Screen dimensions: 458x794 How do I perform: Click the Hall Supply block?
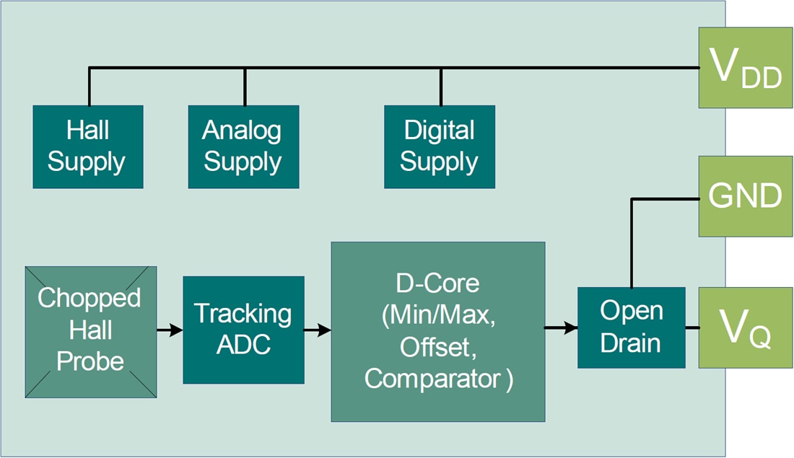click(x=87, y=146)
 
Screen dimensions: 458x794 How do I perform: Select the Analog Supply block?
click(x=243, y=146)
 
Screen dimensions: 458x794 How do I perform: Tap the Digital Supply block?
click(x=440, y=146)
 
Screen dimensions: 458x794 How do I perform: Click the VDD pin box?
click(x=745, y=68)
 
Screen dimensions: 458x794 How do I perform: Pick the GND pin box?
click(x=745, y=196)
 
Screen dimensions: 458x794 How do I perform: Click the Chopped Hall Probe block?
click(x=90, y=331)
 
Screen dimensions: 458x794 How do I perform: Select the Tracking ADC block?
click(x=243, y=330)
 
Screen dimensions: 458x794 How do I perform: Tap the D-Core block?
click(x=437, y=331)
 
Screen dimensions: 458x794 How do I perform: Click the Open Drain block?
click(x=632, y=327)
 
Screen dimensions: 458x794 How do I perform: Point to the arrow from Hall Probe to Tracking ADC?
click(x=170, y=330)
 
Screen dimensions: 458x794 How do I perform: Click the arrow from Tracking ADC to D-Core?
click(x=318, y=330)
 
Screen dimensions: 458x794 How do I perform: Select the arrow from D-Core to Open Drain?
click(x=561, y=328)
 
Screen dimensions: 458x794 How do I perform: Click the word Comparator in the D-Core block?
click(x=433, y=379)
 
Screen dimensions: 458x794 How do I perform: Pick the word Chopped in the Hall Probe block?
click(x=90, y=298)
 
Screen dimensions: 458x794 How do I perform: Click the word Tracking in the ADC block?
click(x=243, y=314)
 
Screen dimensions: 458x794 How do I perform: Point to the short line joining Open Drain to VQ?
click(x=692, y=327)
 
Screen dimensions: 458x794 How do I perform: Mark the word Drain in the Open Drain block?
click(x=632, y=343)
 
